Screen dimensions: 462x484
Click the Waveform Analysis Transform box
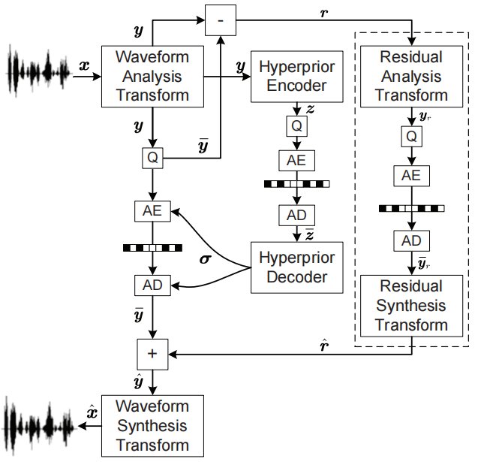(x=152, y=75)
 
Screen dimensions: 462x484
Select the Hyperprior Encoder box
(x=297, y=75)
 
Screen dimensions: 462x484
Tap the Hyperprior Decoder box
(x=297, y=267)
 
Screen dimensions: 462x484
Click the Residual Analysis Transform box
(x=411, y=76)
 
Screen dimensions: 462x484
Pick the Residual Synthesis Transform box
(x=411, y=306)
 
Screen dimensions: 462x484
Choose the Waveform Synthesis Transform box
(x=152, y=426)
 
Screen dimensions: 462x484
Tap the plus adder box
(x=152, y=354)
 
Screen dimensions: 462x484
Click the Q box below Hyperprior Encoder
(x=297, y=125)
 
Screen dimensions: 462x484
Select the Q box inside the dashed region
(x=411, y=137)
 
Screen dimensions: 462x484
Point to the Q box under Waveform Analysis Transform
(x=152, y=158)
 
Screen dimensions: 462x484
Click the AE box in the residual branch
(x=411, y=176)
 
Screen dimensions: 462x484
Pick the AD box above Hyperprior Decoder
(x=297, y=214)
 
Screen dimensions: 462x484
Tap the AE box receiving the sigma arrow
(x=152, y=211)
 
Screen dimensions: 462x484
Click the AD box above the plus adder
(x=152, y=285)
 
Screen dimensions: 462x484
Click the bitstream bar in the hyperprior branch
(x=297, y=183)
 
